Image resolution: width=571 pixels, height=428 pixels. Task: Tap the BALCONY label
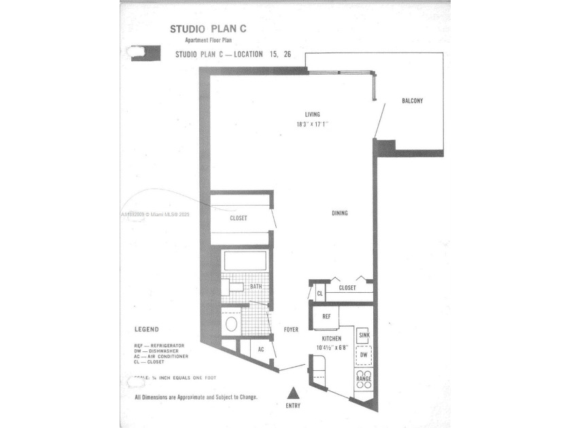[x=413, y=101]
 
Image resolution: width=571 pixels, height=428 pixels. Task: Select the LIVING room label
[x=312, y=115]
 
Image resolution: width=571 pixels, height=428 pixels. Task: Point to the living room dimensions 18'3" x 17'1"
[x=312, y=124]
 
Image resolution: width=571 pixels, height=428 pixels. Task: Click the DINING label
[x=340, y=213]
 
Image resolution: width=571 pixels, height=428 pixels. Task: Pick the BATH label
[x=256, y=287]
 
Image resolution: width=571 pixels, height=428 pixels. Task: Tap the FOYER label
[x=291, y=330]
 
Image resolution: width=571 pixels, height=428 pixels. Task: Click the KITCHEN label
[x=332, y=338]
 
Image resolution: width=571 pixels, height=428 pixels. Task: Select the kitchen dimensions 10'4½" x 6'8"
[x=332, y=348]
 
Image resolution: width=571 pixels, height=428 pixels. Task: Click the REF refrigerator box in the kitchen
[x=326, y=316]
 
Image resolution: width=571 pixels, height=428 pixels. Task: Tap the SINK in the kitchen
[x=364, y=336]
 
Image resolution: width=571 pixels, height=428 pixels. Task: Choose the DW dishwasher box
[x=364, y=355]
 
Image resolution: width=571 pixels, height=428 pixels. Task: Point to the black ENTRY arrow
[x=292, y=393]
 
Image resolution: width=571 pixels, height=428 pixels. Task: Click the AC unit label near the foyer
[x=260, y=350]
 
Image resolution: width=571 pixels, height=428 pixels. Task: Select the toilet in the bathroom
[x=231, y=323]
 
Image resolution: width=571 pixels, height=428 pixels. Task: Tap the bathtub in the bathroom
[x=245, y=262]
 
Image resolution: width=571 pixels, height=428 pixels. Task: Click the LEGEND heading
[x=146, y=329]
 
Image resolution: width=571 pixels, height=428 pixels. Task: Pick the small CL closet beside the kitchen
[x=319, y=293]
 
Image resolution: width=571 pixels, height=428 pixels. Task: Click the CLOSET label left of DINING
[x=238, y=218]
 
